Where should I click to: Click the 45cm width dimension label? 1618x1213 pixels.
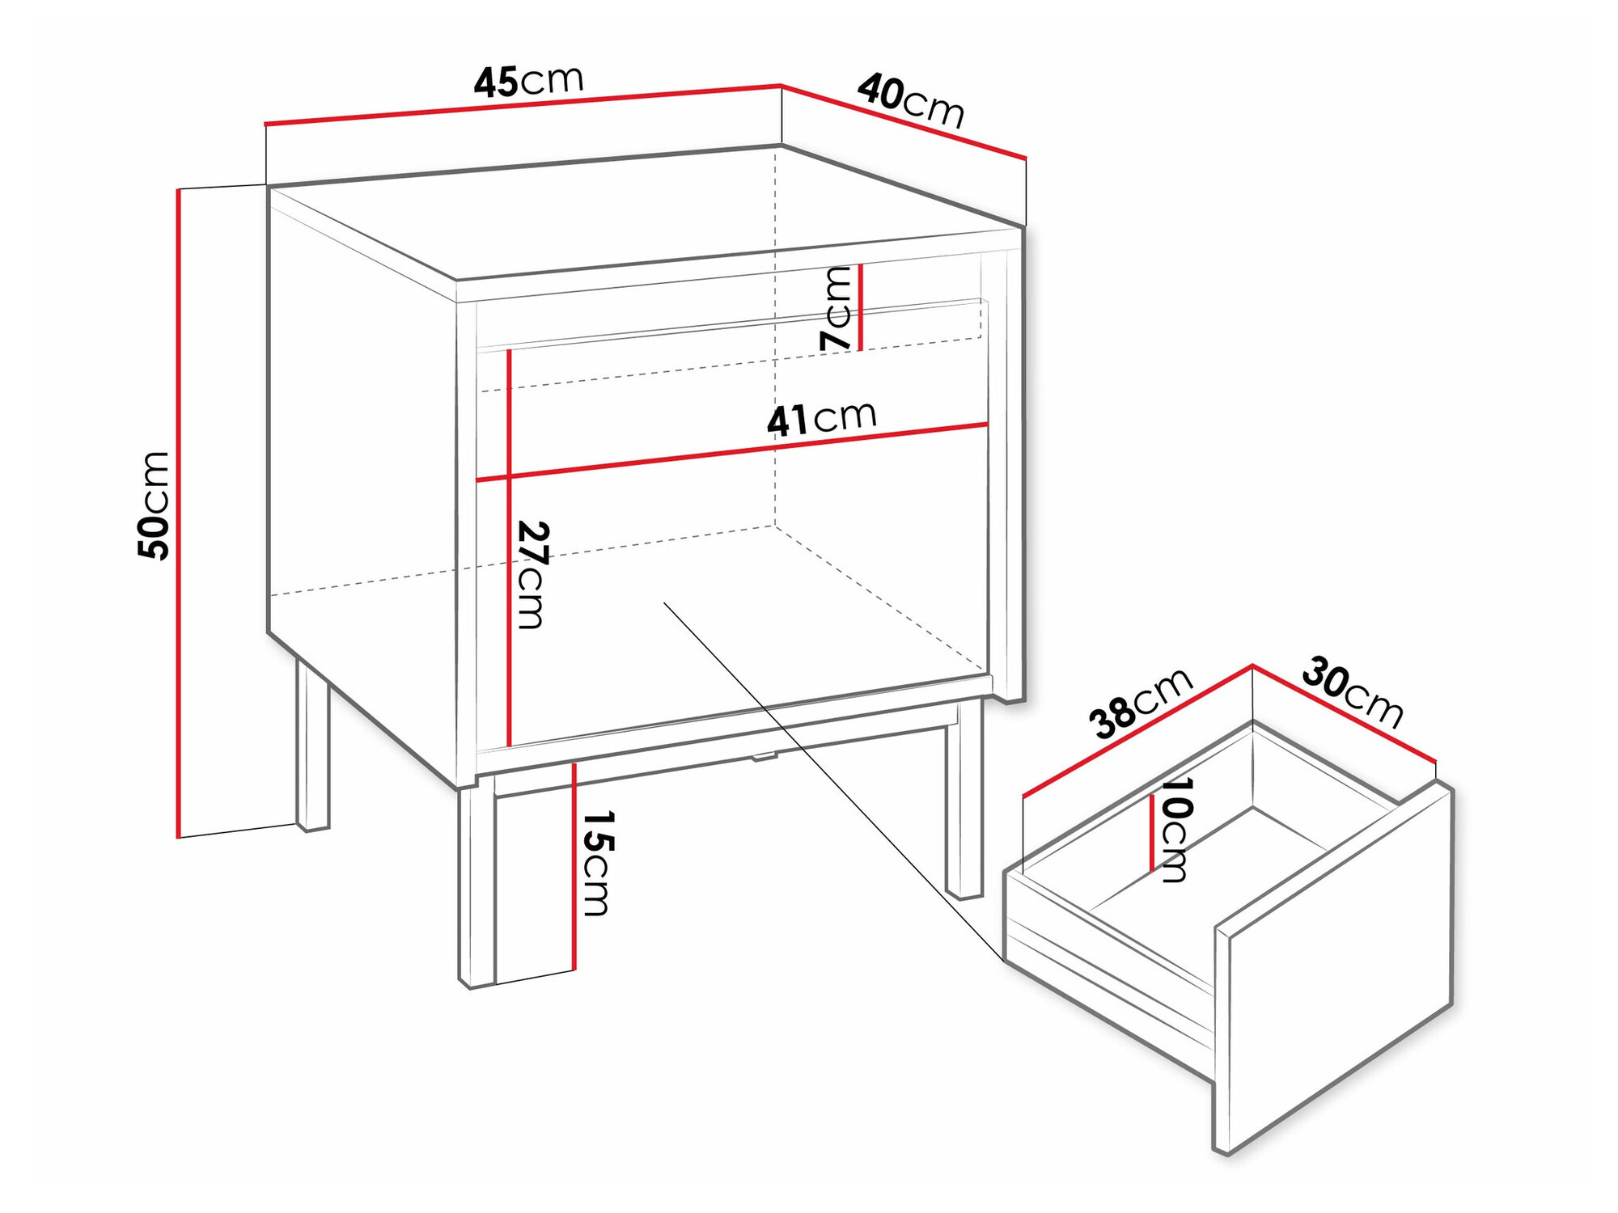coord(528,82)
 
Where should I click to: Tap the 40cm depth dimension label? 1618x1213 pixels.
coord(911,101)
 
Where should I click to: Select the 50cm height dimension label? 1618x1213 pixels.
coord(154,505)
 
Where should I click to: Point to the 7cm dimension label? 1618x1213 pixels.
coord(836,308)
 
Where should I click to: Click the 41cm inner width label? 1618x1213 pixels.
coord(821,419)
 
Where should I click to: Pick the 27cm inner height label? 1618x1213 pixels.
coord(533,575)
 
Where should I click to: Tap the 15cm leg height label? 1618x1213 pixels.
coord(598,863)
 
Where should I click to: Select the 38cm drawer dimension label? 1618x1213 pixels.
coord(1140,703)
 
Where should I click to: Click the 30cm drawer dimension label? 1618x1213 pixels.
coord(1352,692)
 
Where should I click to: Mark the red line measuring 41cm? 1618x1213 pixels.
coord(732,452)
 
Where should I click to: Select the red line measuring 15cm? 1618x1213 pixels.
coord(574,865)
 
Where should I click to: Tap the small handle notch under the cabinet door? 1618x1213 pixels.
coord(764,757)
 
